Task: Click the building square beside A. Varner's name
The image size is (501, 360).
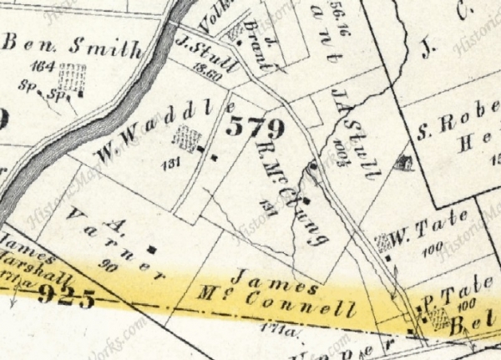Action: click(151, 248)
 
